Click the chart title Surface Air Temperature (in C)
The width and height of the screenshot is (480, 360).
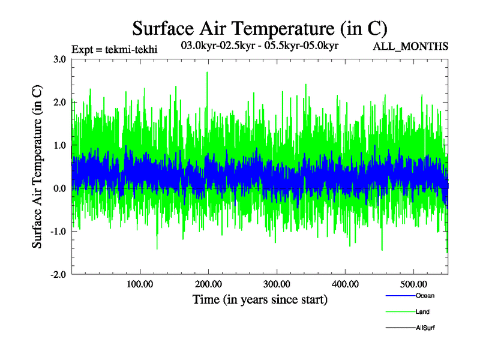click(260, 28)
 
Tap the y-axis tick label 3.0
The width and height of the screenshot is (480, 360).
click(59, 59)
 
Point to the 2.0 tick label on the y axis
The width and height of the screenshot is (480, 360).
click(59, 102)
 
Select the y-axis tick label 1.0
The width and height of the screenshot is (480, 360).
click(59, 145)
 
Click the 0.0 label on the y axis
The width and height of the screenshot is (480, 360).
click(59, 188)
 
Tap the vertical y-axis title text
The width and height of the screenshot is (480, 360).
click(37, 167)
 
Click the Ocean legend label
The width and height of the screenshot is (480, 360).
click(425, 296)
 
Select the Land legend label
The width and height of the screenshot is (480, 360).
click(422, 312)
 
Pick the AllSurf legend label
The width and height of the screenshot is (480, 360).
click(425, 328)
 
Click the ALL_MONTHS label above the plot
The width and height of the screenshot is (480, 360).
click(410, 47)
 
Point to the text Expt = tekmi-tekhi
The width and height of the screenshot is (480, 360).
click(114, 49)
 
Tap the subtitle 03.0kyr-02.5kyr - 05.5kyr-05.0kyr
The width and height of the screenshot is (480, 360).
click(260, 45)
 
